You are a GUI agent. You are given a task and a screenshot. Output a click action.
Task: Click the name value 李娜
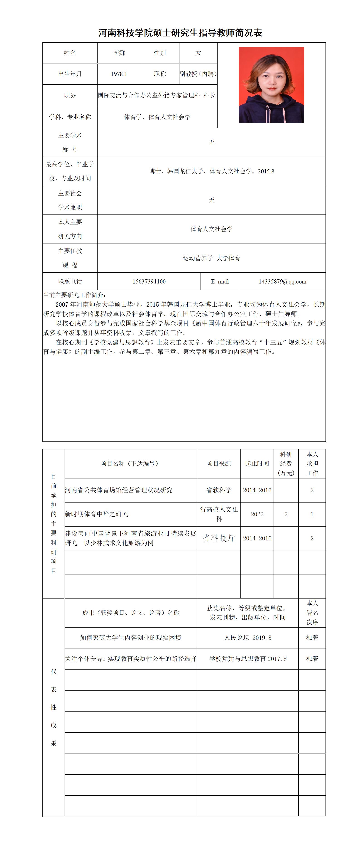click(119, 53)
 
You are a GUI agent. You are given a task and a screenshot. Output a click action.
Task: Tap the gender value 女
click(198, 53)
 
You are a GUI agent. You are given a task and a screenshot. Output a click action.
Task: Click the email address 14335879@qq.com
click(282, 281)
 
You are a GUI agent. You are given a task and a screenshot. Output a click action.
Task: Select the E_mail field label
click(220, 281)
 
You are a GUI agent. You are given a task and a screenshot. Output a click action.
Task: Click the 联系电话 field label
click(70, 281)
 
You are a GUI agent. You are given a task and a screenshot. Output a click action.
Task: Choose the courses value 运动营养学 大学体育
click(211, 258)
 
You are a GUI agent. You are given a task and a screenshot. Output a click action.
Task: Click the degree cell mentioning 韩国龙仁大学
click(211, 171)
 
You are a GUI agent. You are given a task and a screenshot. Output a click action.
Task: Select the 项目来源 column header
click(219, 463)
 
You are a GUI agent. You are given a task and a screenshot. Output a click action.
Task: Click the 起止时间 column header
click(257, 463)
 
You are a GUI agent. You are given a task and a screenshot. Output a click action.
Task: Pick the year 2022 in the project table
click(257, 514)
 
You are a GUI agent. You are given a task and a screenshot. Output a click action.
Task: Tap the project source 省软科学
click(219, 490)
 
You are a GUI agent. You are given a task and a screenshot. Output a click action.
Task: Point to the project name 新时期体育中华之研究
click(96, 514)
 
